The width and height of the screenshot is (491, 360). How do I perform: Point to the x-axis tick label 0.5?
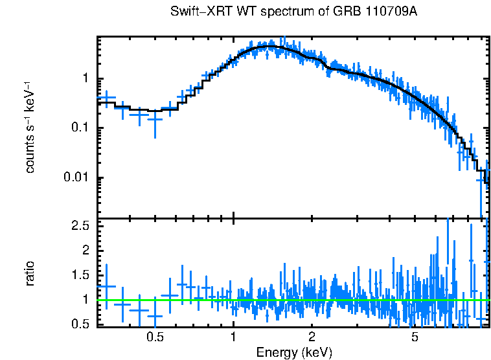point(155,337)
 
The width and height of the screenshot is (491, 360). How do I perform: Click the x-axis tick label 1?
point(233,337)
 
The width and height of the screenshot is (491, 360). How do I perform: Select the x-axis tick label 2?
point(312,337)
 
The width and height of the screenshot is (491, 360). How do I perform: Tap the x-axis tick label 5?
point(415,337)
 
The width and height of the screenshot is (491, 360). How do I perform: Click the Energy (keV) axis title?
point(294,352)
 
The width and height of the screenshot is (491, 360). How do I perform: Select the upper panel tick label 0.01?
point(78,178)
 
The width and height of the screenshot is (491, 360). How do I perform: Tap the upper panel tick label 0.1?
point(82,128)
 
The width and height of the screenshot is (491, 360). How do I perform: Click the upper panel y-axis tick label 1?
point(87,79)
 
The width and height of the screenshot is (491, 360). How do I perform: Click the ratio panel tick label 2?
point(87,250)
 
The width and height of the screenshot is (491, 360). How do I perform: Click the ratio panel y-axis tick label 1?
point(87,299)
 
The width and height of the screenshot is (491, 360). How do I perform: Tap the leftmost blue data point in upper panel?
point(106,98)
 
